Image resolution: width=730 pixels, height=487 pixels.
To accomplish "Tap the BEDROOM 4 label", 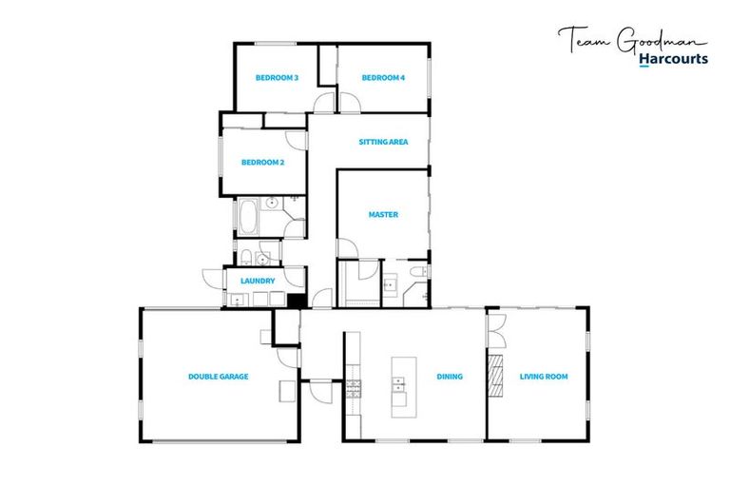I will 383,78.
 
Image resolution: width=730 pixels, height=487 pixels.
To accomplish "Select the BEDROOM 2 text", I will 262,163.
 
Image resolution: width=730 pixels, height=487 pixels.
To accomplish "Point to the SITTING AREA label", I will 383,142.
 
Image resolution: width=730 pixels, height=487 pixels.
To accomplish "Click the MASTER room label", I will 383,215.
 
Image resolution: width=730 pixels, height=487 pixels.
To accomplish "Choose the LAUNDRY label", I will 258,282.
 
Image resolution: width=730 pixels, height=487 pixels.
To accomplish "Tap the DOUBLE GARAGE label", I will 218,377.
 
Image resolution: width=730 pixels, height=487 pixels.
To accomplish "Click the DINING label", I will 450,377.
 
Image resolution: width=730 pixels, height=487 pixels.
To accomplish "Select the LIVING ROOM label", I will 544,377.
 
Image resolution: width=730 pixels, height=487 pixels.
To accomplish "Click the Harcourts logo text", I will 673,59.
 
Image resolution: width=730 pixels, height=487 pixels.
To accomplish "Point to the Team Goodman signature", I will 631,39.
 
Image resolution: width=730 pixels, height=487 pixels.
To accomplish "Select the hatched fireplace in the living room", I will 494,377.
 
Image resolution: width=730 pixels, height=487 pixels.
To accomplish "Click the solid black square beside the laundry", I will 295,301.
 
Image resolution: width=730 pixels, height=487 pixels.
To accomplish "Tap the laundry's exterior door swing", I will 212,277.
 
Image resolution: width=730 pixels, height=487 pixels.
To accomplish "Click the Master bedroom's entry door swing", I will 347,248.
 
